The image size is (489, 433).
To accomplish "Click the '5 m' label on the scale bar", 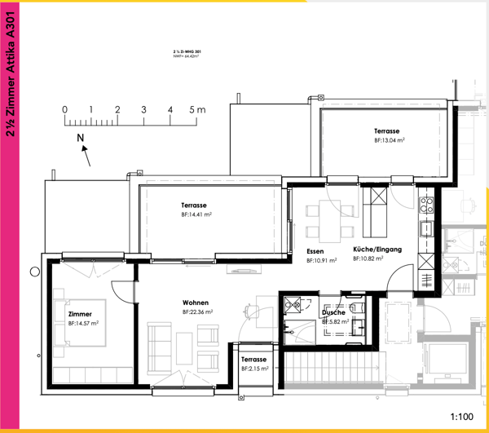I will tap(196, 109).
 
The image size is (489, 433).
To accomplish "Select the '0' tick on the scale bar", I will tap(64, 109).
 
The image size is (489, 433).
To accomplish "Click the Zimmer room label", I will tap(80, 314).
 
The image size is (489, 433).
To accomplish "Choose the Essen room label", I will tap(316, 250).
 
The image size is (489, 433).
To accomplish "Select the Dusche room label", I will tap(334, 312).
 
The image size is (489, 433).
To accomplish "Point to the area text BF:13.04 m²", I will tap(390, 140).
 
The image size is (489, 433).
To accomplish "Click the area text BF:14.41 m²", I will tap(196, 214).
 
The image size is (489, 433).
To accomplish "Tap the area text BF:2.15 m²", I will tap(254, 369).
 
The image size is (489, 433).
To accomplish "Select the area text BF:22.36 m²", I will tap(197, 312).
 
